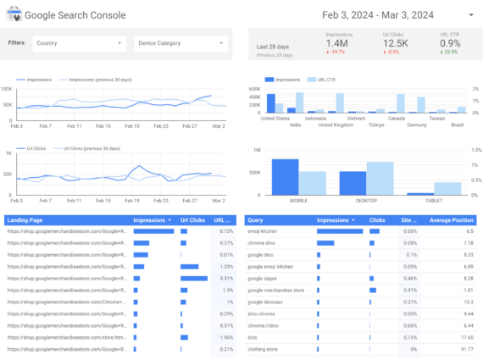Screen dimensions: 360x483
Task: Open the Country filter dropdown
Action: [x=78, y=42]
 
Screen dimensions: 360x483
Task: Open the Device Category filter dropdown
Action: [x=180, y=42]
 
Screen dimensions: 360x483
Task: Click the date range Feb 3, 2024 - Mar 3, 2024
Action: [x=379, y=15]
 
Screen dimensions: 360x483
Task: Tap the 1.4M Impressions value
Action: [x=337, y=42]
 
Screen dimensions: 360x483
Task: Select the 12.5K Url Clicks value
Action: [x=394, y=42]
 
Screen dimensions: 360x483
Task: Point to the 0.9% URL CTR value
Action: [x=450, y=42]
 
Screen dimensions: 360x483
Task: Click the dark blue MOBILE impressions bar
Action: [x=285, y=178]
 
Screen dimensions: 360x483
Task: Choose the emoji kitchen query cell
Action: [x=264, y=230]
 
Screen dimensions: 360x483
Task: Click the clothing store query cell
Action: [x=264, y=349]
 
